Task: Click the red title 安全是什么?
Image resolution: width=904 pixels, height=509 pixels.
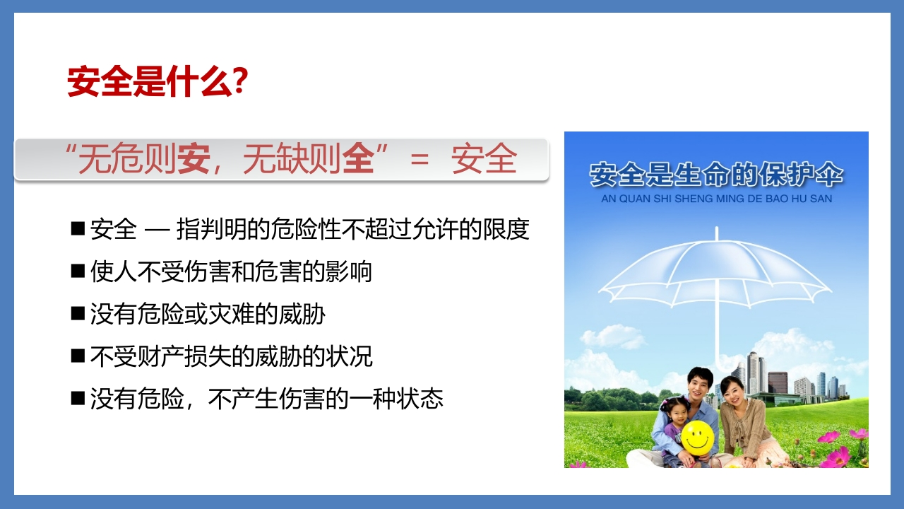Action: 157,81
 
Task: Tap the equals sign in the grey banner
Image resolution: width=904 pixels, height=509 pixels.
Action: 420,159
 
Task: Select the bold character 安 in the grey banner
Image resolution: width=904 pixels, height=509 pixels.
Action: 194,158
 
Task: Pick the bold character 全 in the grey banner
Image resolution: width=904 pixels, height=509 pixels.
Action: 358,158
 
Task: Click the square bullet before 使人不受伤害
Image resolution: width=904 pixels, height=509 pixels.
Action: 78,271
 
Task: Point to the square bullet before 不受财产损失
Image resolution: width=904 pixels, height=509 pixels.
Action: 78,356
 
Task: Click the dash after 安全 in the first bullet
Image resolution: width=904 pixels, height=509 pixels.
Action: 157,230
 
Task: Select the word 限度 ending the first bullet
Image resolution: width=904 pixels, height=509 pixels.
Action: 506,229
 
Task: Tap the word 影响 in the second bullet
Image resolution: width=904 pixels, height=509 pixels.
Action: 349,271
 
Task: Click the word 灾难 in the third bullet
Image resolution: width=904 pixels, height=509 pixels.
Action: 231,314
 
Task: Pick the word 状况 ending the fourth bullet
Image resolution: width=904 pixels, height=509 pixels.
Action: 349,356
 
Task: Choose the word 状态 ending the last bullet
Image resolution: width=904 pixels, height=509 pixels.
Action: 420,399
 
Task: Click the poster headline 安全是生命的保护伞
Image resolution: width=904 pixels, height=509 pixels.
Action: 716,175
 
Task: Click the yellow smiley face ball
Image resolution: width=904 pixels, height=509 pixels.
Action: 698,437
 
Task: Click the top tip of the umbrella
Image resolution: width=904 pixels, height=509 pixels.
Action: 717,228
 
